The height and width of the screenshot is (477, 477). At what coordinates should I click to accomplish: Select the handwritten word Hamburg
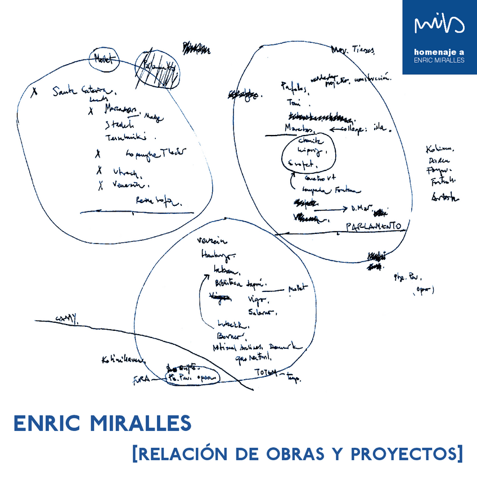pos(215,256)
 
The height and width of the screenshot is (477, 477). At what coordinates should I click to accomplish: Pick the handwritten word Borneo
pos(227,336)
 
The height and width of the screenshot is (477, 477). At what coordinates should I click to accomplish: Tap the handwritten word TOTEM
pos(268,373)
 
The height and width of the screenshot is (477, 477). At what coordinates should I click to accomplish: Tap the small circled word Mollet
pos(105,58)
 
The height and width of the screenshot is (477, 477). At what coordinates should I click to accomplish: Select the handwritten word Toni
pos(294,103)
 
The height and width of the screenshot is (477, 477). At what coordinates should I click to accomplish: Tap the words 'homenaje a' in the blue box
pos(438,52)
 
